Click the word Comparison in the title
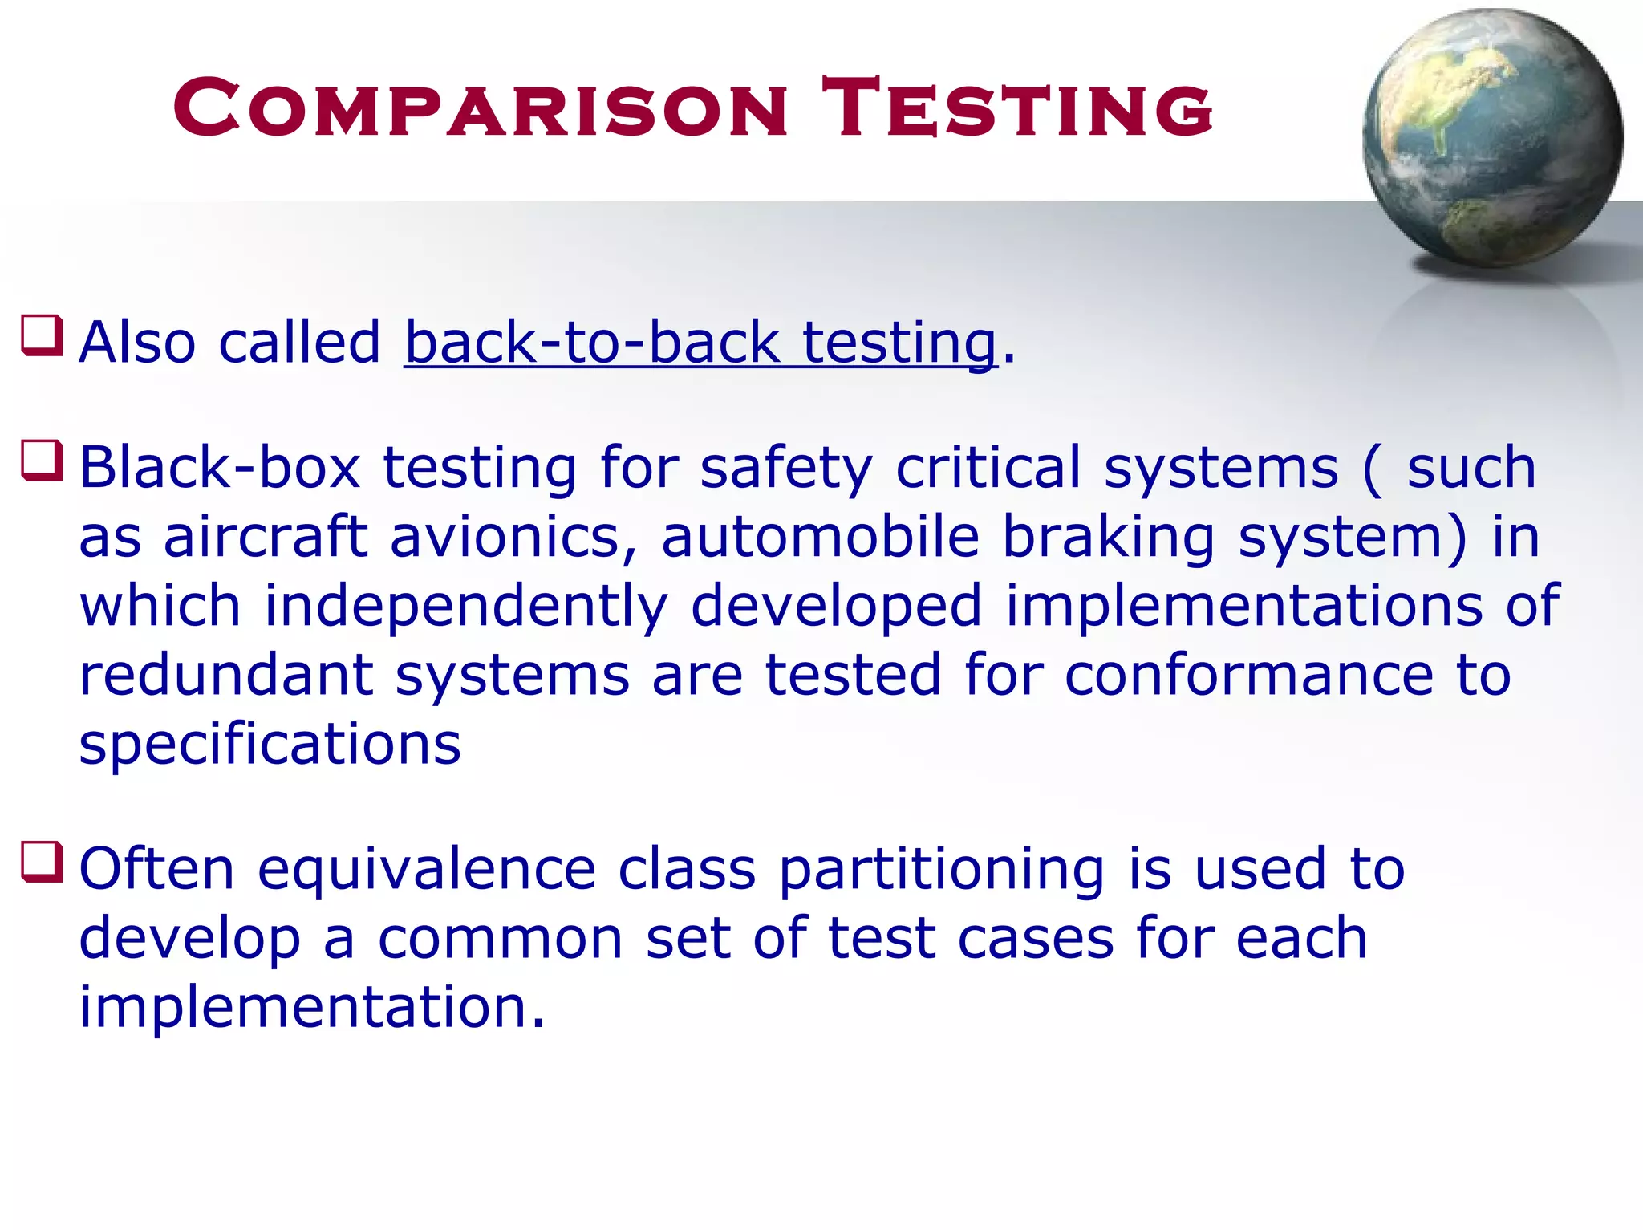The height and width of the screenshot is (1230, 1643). [480, 108]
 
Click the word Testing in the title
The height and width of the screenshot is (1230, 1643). [1016, 108]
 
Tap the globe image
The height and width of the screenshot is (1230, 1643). [1491, 139]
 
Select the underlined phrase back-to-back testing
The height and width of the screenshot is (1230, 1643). [700, 343]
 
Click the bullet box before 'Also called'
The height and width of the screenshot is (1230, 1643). [42, 335]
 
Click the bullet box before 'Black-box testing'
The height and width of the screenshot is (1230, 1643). [42, 461]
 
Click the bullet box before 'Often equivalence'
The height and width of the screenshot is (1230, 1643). [42, 863]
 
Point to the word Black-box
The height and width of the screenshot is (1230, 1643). [219, 467]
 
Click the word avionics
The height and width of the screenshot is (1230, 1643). [513, 536]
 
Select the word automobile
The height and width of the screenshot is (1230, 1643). [820, 536]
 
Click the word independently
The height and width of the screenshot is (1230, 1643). [466, 607]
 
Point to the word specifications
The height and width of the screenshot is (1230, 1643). [270, 745]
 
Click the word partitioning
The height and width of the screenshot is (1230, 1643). [942, 871]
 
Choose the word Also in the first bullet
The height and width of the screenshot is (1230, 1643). [137, 343]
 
